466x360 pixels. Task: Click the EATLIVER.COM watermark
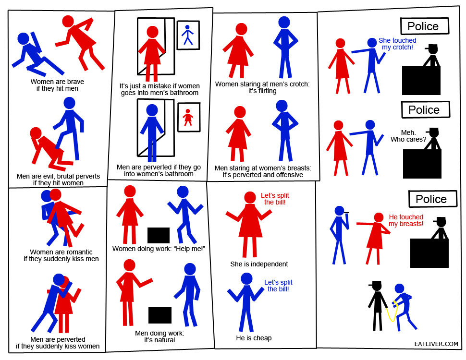click(x=436, y=344)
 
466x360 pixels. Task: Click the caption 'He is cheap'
click(x=254, y=338)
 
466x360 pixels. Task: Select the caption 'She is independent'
click(x=259, y=264)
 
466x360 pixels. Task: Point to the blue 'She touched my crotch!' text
click(x=397, y=44)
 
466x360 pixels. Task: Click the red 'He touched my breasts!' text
click(x=406, y=220)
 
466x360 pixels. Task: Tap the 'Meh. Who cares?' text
click(x=408, y=136)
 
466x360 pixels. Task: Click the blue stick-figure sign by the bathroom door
click(x=188, y=35)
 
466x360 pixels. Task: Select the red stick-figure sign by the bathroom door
click(x=189, y=117)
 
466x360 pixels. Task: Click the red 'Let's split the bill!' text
click(x=275, y=199)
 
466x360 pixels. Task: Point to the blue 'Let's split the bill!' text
click(x=278, y=286)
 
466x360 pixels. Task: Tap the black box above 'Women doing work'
click(x=159, y=235)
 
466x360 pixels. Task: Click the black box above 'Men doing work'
click(x=160, y=315)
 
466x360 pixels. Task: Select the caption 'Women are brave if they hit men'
click(x=57, y=85)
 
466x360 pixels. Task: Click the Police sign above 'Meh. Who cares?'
click(x=425, y=109)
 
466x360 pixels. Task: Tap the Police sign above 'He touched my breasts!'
click(x=433, y=199)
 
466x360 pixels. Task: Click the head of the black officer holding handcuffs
click(x=377, y=287)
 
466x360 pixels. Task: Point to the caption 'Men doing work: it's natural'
click(x=159, y=336)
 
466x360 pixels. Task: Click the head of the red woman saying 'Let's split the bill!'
click(x=250, y=198)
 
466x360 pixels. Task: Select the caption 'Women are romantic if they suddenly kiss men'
click(x=61, y=255)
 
